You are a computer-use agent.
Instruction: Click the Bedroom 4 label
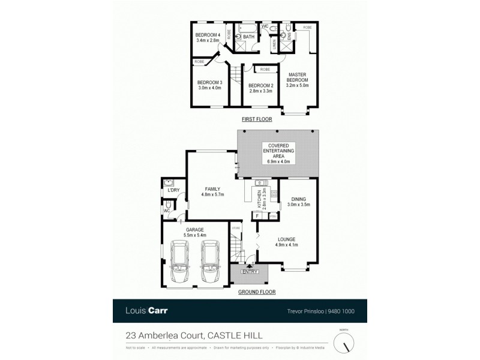coord(208,35)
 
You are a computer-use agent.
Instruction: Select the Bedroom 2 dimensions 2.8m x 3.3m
coord(261,91)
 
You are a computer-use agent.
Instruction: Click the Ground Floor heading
coord(256,292)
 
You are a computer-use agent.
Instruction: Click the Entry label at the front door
coord(250,272)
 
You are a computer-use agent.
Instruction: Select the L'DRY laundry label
coord(174,190)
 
